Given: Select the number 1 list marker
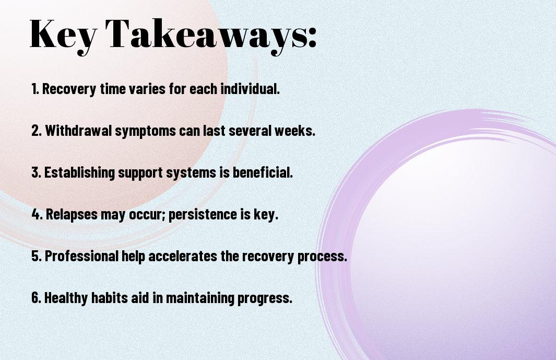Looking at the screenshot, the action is click(x=35, y=89).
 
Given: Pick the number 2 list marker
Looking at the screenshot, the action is click(x=37, y=131).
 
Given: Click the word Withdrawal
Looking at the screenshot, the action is click(x=78, y=130).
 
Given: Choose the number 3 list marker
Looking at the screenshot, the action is click(x=36, y=172).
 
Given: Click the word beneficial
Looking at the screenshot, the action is click(x=262, y=172).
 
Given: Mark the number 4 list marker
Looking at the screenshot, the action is click(x=37, y=214).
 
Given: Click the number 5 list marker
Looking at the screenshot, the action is click(x=37, y=256).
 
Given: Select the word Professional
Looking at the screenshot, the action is click(x=81, y=256).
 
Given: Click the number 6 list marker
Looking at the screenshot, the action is click(x=37, y=297).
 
